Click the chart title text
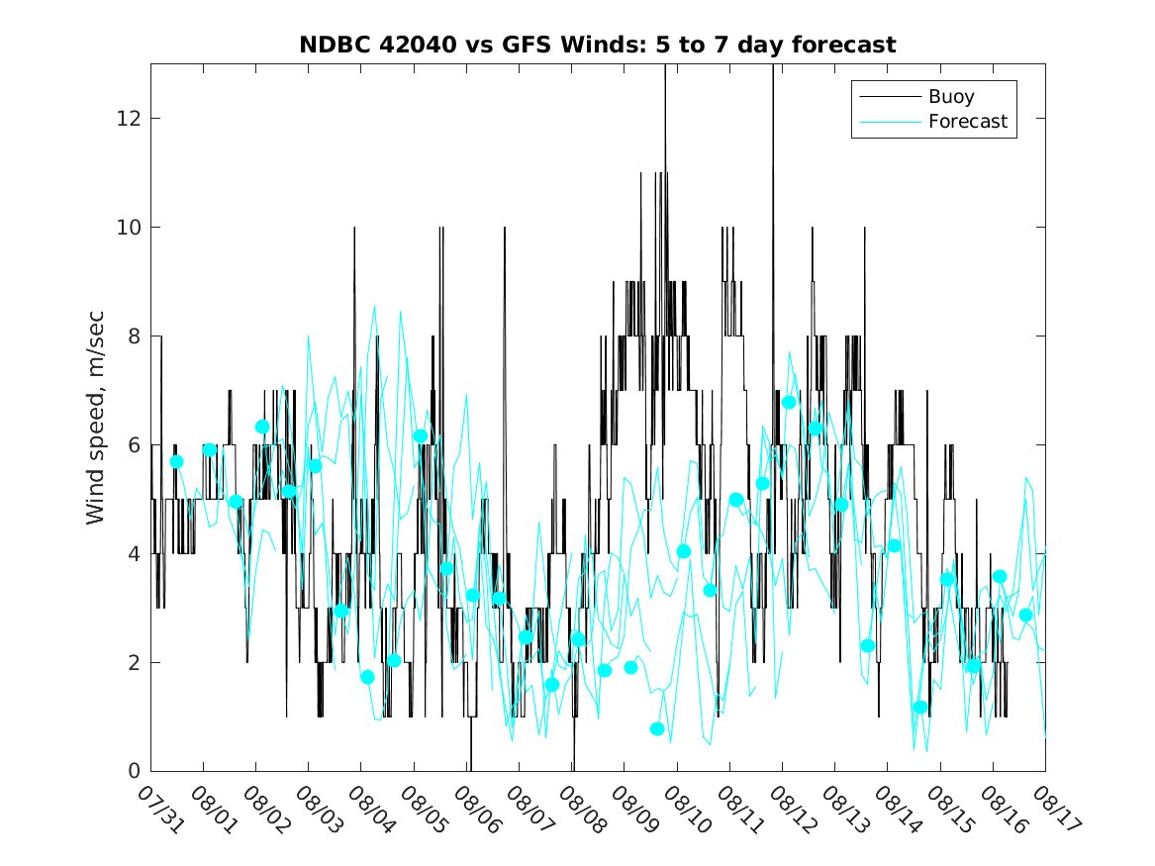598,45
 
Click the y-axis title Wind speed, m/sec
95,417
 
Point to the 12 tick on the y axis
131,119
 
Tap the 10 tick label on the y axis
131,228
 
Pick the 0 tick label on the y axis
136,771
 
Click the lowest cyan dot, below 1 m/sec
657,728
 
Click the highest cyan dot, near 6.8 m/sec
789,402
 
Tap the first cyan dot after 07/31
176,461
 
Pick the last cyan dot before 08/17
1025,615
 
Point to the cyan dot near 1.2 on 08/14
920,707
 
